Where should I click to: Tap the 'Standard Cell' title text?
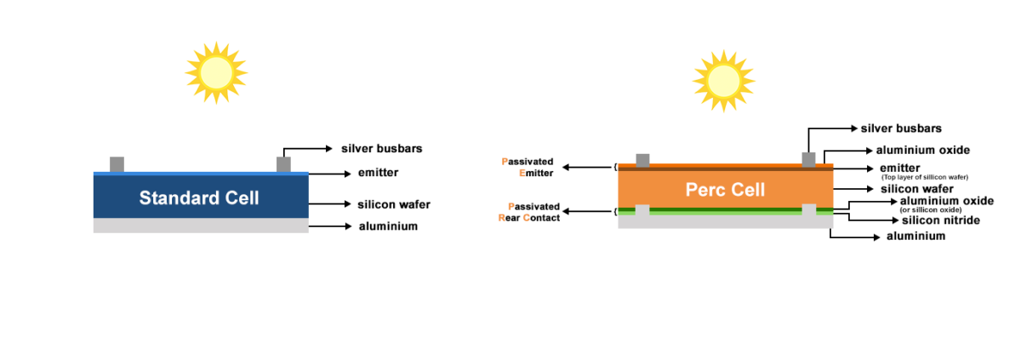[x=199, y=198]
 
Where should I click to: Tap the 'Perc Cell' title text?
[x=725, y=189]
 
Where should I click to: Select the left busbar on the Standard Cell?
[x=117, y=164]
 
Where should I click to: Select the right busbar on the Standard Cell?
[x=284, y=163]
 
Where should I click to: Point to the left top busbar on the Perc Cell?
[x=643, y=159]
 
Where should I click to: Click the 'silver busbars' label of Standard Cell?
[x=381, y=148]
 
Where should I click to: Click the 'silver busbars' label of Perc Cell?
[x=901, y=129]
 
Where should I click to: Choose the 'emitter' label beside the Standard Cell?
[x=378, y=173]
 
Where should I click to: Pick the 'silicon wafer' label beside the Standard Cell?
[x=393, y=204]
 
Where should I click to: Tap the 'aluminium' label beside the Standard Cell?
[x=387, y=226]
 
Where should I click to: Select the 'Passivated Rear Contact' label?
[x=529, y=212]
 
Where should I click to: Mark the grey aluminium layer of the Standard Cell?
[x=200, y=226]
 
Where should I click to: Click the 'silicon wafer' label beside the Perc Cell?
[x=916, y=189]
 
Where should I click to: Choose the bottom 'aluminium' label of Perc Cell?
[x=915, y=237]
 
